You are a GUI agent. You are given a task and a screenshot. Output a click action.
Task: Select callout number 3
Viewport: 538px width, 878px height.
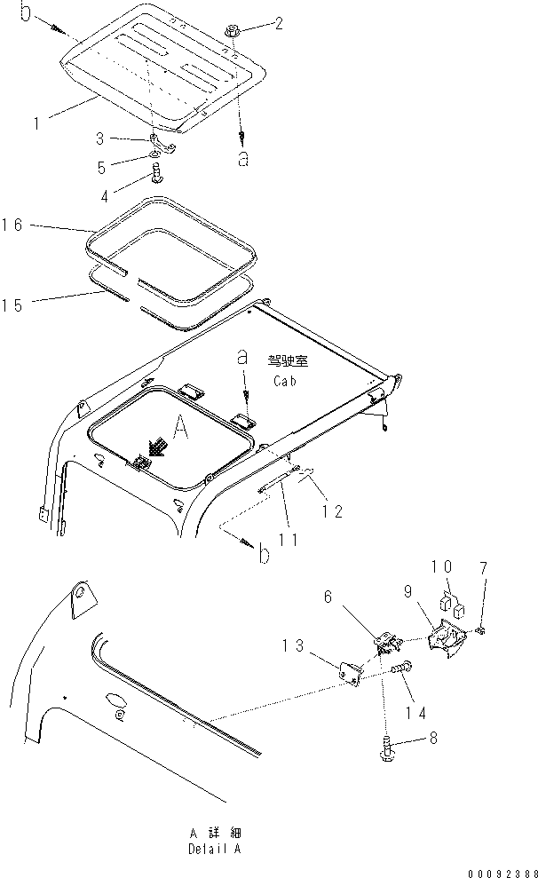(x=100, y=138)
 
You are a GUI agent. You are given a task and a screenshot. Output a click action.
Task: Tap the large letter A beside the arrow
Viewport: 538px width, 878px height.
(x=180, y=430)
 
